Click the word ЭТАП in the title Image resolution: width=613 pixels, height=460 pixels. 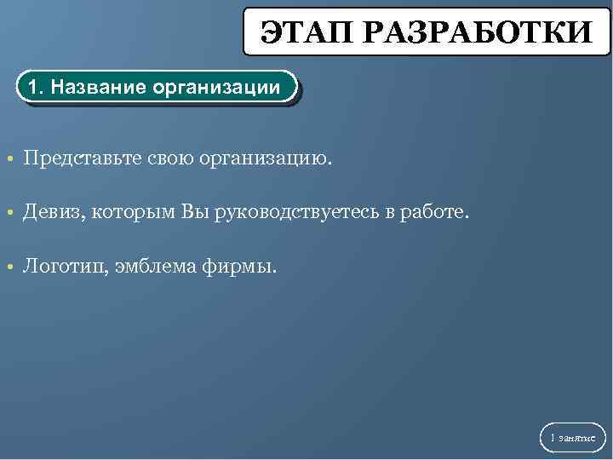305,33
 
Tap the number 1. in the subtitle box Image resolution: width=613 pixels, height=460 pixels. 36,88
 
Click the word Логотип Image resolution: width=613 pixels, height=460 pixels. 62,267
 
